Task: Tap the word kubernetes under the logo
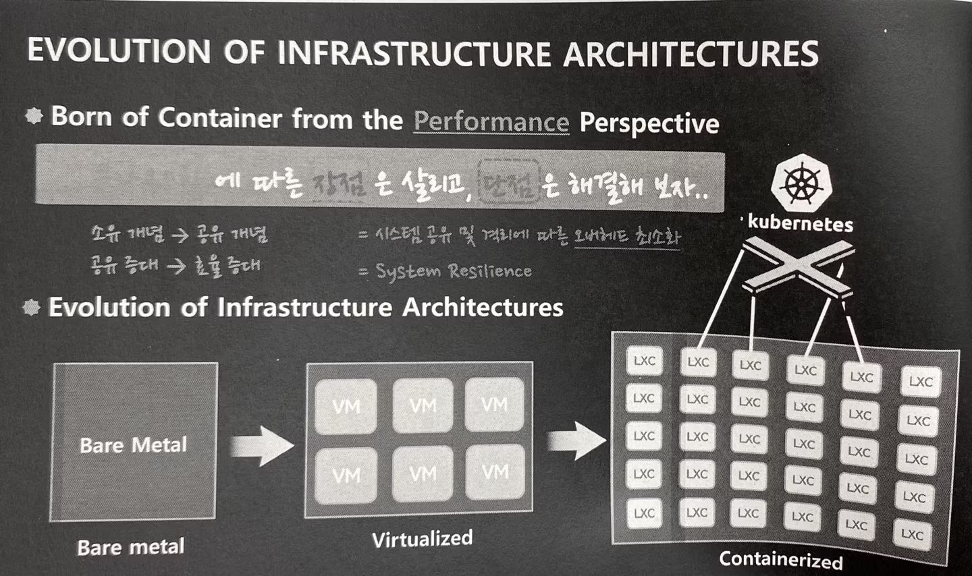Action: pos(801,223)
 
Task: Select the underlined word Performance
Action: pos(491,121)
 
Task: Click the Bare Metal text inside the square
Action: pos(133,445)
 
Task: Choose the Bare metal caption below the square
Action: pos(130,546)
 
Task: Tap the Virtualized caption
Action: pos(422,539)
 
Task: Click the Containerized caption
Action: pos(780,559)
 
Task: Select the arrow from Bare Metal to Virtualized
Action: pos(261,446)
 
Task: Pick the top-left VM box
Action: pos(346,406)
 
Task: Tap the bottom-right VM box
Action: pos(495,472)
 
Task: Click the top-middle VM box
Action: pos(423,405)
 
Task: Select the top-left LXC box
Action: pos(644,361)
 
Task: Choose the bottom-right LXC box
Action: pos(913,534)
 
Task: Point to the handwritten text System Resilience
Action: pos(454,271)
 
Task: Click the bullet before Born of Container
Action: pos(34,116)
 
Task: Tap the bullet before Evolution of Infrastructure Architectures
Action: pos(31,308)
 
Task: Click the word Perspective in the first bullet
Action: pos(649,123)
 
